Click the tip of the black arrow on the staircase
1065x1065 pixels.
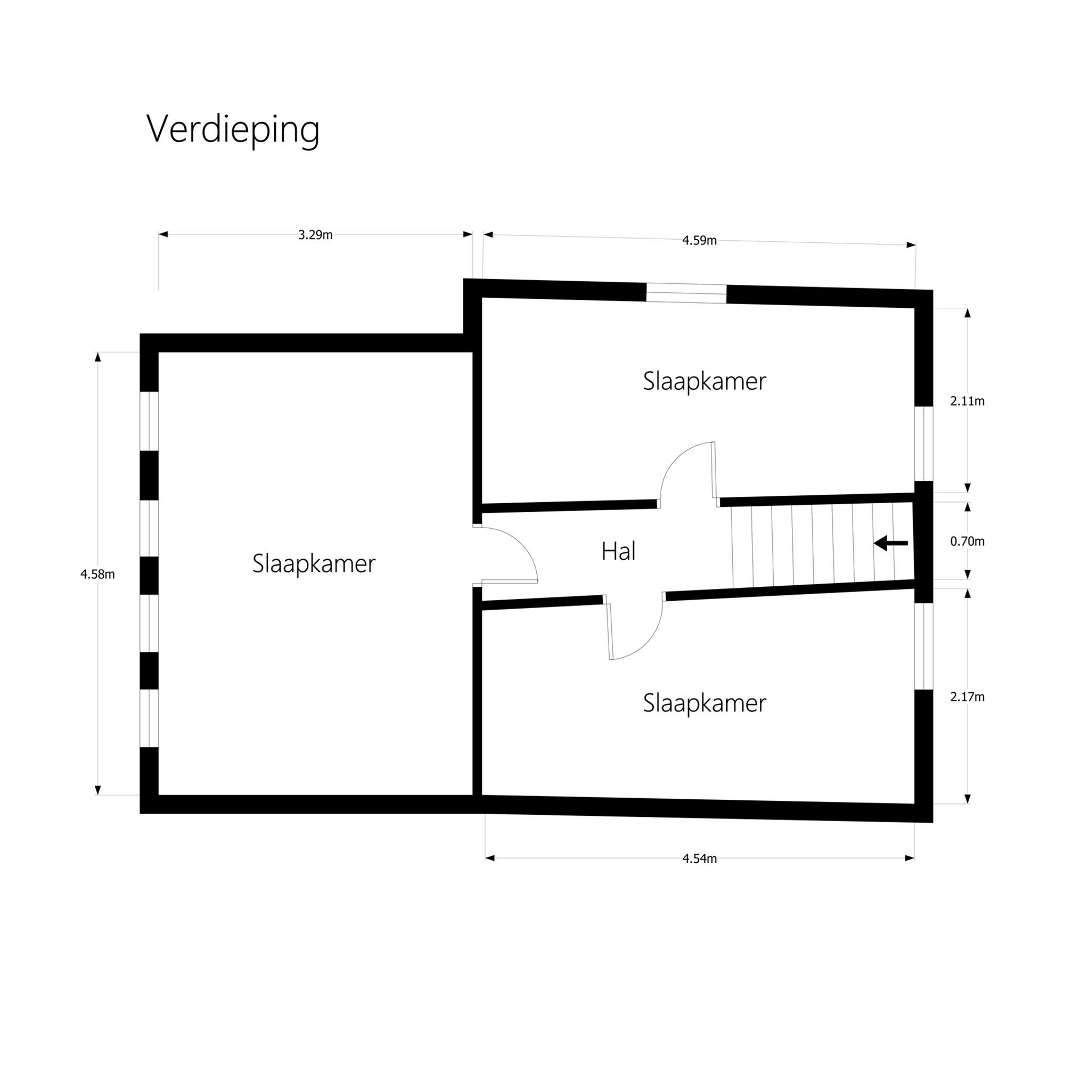pos(874,544)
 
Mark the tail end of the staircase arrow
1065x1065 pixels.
pos(907,544)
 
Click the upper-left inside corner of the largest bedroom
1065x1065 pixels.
pos(159,352)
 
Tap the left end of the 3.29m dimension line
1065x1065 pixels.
pos(159,234)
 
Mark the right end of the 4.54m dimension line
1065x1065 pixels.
pos(914,858)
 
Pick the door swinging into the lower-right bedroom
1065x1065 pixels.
pos(636,626)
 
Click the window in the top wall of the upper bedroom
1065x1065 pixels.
pos(686,293)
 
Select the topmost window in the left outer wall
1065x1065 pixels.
pos(150,421)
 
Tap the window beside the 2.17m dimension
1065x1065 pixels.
pos(924,646)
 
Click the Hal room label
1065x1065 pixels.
pos(618,551)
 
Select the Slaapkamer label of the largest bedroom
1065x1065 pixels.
pos(314,564)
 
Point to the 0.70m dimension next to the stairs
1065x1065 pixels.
pos(967,542)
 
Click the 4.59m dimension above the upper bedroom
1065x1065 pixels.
pos(700,240)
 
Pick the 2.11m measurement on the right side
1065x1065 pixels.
pos(967,402)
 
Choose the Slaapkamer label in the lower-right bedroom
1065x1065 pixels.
pos(704,703)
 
